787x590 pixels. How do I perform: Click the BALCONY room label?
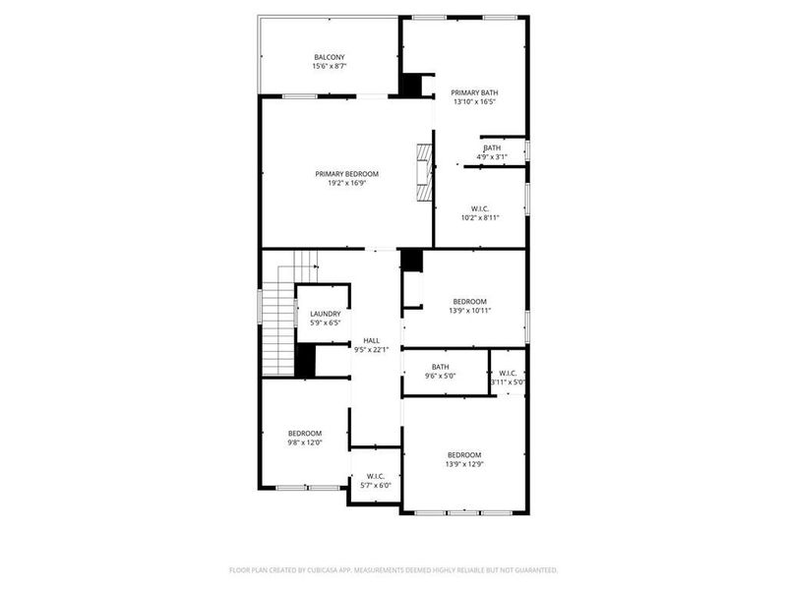(x=330, y=57)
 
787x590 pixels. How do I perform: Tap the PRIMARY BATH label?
(x=475, y=91)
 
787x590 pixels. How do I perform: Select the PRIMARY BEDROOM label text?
(x=346, y=174)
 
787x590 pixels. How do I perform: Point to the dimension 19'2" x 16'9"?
(x=346, y=183)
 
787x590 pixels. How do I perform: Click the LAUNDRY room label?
(x=325, y=314)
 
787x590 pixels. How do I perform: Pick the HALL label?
(x=371, y=340)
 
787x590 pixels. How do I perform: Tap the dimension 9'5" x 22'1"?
(x=371, y=349)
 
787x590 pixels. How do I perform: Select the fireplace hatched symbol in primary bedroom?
(x=423, y=173)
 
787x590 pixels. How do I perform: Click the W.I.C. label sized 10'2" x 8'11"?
(x=480, y=208)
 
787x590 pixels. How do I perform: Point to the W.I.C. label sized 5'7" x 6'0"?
(x=375, y=476)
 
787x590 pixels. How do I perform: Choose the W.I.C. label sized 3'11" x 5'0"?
(x=508, y=373)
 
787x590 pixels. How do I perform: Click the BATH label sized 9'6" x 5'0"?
(x=440, y=367)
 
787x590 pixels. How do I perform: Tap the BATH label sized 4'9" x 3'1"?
(x=492, y=147)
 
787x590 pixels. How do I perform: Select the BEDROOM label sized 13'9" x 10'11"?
(x=469, y=301)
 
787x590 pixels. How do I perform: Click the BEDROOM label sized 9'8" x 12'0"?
(x=305, y=434)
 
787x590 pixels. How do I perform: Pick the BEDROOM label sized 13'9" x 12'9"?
(x=464, y=454)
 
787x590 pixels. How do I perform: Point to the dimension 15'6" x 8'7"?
(x=330, y=66)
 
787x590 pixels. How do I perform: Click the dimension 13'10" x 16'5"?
(x=475, y=101)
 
